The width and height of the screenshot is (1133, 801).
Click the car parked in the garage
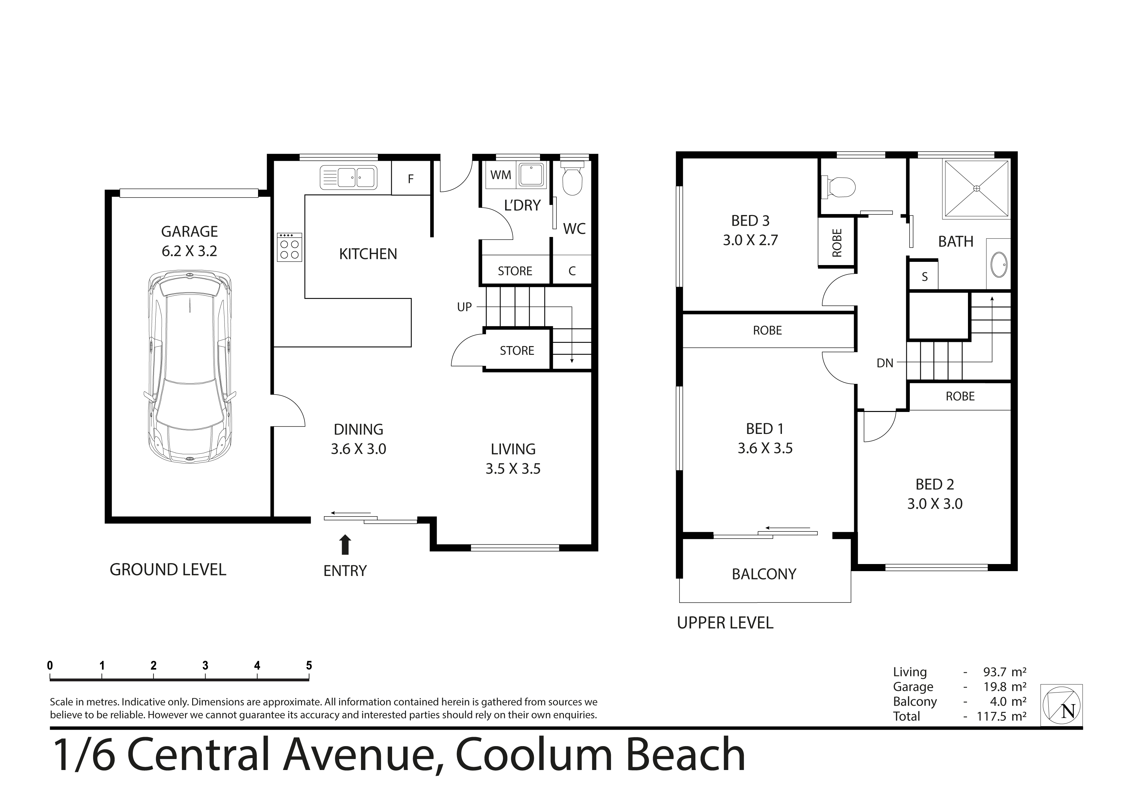point(190,366)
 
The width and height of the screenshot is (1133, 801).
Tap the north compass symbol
point(1061,705)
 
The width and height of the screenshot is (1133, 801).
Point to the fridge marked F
point(411,178)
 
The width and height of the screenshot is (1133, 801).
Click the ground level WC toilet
point(572,179)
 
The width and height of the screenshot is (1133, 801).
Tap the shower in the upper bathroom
point(976,189)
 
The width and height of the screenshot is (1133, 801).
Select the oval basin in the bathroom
point(999,264)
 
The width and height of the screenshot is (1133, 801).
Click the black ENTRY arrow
point(346,545)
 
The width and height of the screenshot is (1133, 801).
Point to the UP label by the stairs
point(464,307)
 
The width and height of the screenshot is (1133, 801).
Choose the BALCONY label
point(764,574)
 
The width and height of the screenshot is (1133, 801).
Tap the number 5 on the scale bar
point(309,665)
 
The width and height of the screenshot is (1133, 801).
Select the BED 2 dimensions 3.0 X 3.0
point(935,504)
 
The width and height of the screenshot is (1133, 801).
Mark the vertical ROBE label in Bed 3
point(837,243)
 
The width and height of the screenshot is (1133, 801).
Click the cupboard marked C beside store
point(572,271)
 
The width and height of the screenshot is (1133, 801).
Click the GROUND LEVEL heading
point(168,570)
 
